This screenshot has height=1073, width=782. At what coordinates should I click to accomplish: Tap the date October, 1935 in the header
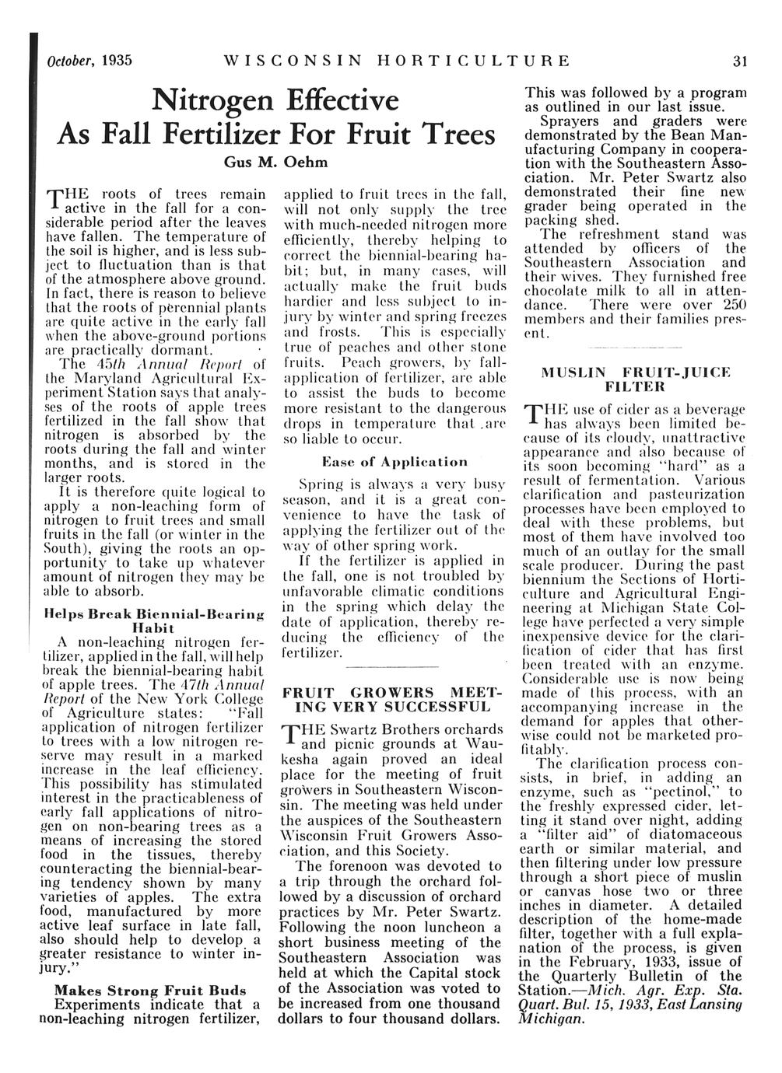pyautogui.click(x=88, y=61)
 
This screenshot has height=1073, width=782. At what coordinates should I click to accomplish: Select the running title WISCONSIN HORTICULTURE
pyautogui.click(x=396, y=61)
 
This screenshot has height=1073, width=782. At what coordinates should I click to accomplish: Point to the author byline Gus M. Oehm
pyautogui.click(x=277, y=164)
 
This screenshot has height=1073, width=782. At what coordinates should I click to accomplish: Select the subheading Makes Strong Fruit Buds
pyautogui.click(x=149, y=991)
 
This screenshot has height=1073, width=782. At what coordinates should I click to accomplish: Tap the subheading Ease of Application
pyautogui.click(x=395, y=462)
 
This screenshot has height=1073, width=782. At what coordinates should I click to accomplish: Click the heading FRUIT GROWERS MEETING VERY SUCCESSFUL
pyautogui.click(x=392, y=699)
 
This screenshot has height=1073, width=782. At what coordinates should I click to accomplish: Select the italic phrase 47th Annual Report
pyautogui.click(x=212, y=685)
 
